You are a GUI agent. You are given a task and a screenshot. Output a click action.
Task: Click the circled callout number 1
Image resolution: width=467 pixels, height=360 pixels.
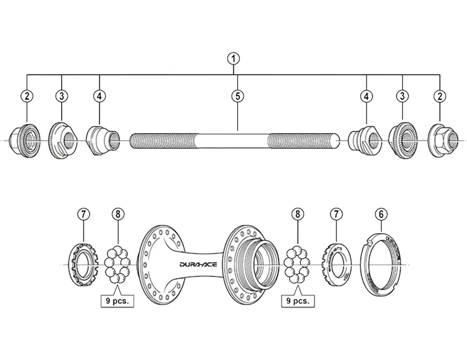click(x=233, y=58)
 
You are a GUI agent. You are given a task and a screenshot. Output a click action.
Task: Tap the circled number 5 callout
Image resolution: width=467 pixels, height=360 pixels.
click(x=236, y=96)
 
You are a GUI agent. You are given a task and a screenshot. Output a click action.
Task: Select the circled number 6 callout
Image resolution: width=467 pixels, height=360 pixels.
click(x=381, y=215)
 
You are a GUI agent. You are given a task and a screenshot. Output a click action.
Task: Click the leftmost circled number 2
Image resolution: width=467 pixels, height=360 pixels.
click(x=27, y=96)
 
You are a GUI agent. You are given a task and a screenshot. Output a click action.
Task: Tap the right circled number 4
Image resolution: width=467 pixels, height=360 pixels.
click(x=367, y=96)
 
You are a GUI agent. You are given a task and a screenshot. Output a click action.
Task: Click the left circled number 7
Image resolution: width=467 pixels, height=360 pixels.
click(x=83, y=215)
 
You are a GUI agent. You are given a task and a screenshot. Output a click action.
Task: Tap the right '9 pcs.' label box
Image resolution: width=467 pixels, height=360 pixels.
click(x=298, y=302)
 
